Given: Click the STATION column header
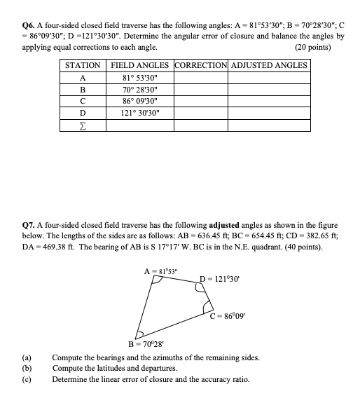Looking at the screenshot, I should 83,65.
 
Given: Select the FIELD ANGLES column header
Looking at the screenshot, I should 139,65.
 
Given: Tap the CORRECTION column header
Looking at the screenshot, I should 200,65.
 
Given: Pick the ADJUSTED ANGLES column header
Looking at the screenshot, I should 269,65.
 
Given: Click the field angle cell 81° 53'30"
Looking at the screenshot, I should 139,78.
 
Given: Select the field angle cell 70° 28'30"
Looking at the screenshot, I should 139,90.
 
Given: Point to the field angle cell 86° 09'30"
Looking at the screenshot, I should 139,102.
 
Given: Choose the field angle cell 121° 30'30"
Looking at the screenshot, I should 139,114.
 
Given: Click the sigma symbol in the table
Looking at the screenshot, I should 83,126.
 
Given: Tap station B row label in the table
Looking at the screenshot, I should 83,90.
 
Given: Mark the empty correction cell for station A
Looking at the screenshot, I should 200,78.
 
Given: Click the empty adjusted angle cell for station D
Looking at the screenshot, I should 269,114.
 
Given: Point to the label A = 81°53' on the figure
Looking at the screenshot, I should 160,271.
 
